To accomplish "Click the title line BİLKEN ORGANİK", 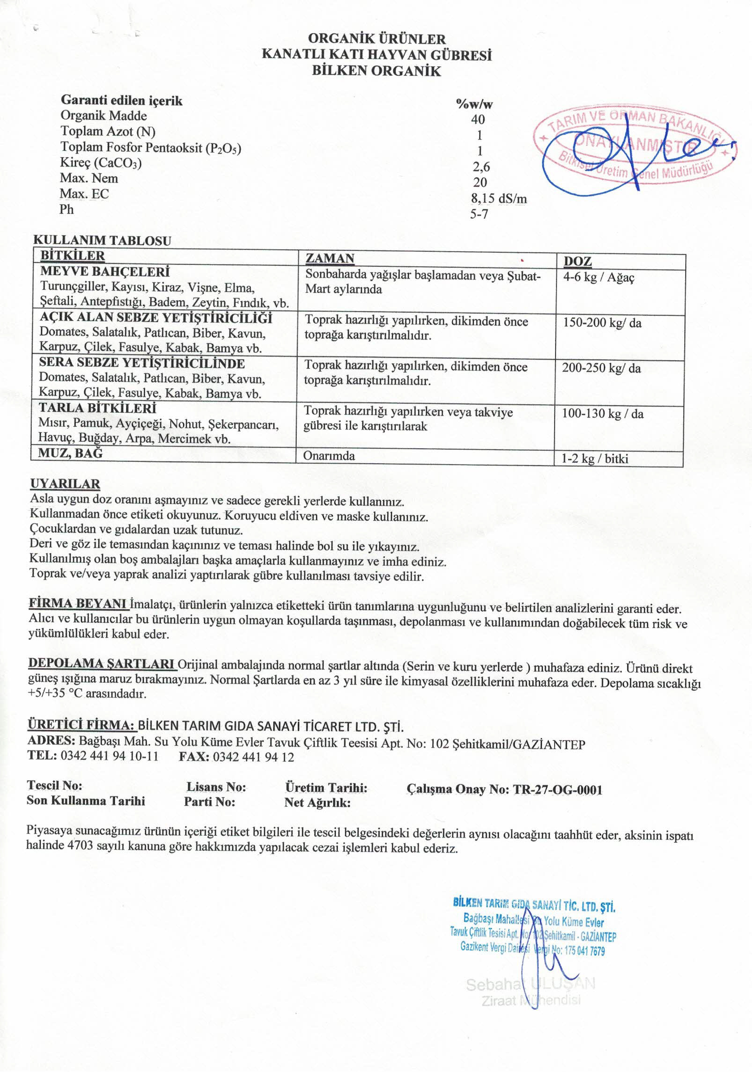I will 376,71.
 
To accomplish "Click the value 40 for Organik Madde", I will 478,119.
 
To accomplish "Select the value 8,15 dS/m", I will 499,198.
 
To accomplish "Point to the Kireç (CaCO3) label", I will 101,163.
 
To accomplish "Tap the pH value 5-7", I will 479,215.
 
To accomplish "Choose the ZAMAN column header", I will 330,259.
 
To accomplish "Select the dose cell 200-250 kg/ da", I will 601,368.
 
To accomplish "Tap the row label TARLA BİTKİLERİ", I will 97,408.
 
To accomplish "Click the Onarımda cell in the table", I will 329,456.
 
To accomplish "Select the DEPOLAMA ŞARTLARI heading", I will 102,664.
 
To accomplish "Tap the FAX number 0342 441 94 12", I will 253,757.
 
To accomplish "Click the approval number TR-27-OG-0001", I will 557,790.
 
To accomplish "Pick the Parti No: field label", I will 209,802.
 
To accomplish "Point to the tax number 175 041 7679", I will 585,951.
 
